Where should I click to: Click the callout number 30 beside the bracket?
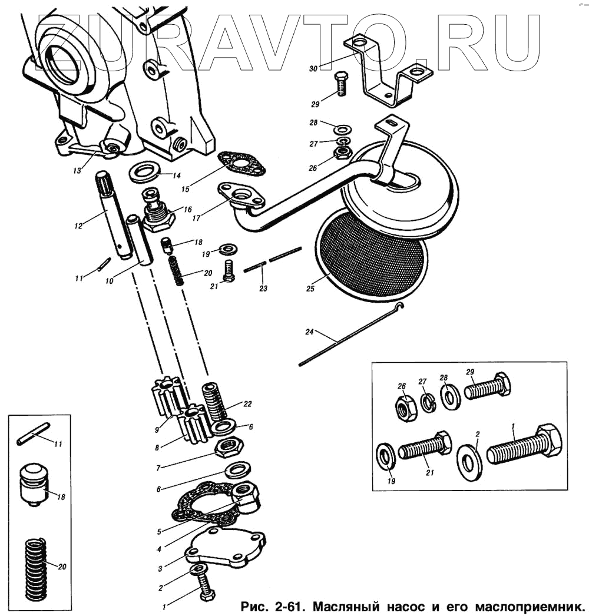point(313,69)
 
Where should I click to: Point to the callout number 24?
point(310,332)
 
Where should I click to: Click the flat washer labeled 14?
point(145,173)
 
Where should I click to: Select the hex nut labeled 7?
point(226,448)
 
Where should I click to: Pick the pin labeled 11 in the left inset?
point(32,436)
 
